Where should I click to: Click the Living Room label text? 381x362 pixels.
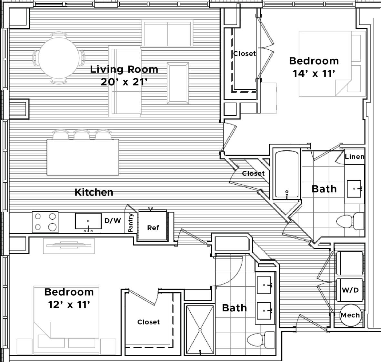tap(124, 69)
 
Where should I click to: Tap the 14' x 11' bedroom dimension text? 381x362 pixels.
tap(314, 74)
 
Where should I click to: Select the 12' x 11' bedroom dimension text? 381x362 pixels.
tap(69, 305)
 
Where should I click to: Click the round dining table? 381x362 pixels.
tap(59, 58)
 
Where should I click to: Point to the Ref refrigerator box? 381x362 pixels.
tap(153, 228)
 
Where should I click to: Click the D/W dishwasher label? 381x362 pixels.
tap(113, 221)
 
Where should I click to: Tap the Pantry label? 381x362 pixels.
tap(131, 223)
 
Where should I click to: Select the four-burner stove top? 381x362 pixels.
tap(45, 222)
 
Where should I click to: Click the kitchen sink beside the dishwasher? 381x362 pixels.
tap(88, 221)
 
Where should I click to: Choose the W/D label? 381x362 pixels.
tap(350, 290)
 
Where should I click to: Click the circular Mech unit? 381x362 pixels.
tap(350, 315)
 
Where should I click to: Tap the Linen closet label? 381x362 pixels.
tap(354, 157)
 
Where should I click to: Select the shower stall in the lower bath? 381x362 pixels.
tap(200, 329)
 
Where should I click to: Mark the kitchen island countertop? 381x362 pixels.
tap(83, 157)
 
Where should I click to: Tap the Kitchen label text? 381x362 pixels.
tap(94, 192)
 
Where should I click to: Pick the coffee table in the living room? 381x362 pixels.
tap(177, 83)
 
